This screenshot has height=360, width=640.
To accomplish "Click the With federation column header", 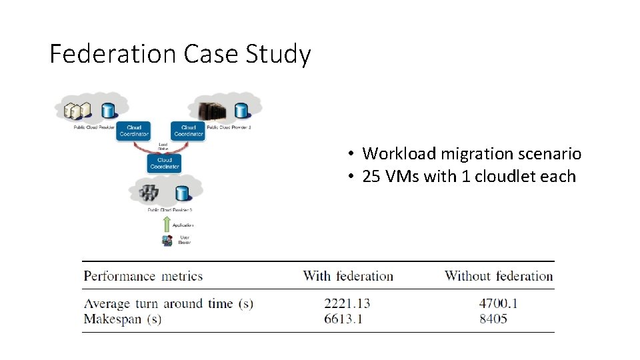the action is point(348,276).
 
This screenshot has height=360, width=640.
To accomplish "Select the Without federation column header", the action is point(499,276).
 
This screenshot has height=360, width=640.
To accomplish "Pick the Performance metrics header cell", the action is point(143,276).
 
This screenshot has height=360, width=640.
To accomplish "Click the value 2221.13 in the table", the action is point(347,303).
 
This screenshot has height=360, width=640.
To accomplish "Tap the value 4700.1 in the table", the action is point(499,303).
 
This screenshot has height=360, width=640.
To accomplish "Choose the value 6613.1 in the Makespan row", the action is point(343,319).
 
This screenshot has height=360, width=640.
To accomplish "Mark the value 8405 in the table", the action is point(493,319).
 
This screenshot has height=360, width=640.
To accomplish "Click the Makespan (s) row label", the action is point(123,319).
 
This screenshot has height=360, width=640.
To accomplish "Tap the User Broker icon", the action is point(167,240).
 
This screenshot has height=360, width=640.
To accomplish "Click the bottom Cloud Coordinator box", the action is point(164,163).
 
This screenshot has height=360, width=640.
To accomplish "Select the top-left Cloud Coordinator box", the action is point(134,130).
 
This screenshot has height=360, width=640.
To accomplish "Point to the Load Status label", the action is point(163,145).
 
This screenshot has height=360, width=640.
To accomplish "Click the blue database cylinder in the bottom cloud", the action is point(181,193).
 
